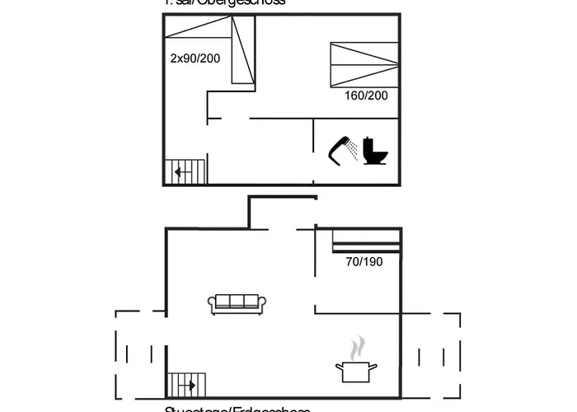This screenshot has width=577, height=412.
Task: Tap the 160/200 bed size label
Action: [366, 96]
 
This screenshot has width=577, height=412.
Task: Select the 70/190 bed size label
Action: [364, 261]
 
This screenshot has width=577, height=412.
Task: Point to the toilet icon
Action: [375, 151]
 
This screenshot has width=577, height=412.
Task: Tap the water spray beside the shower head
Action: [353, 149]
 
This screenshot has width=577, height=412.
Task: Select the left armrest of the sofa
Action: [213, 306]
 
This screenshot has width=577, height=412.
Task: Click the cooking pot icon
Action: [355, 371]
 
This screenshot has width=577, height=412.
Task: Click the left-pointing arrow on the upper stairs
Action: [181, 172]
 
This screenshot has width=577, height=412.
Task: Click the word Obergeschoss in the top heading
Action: [247, 2]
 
